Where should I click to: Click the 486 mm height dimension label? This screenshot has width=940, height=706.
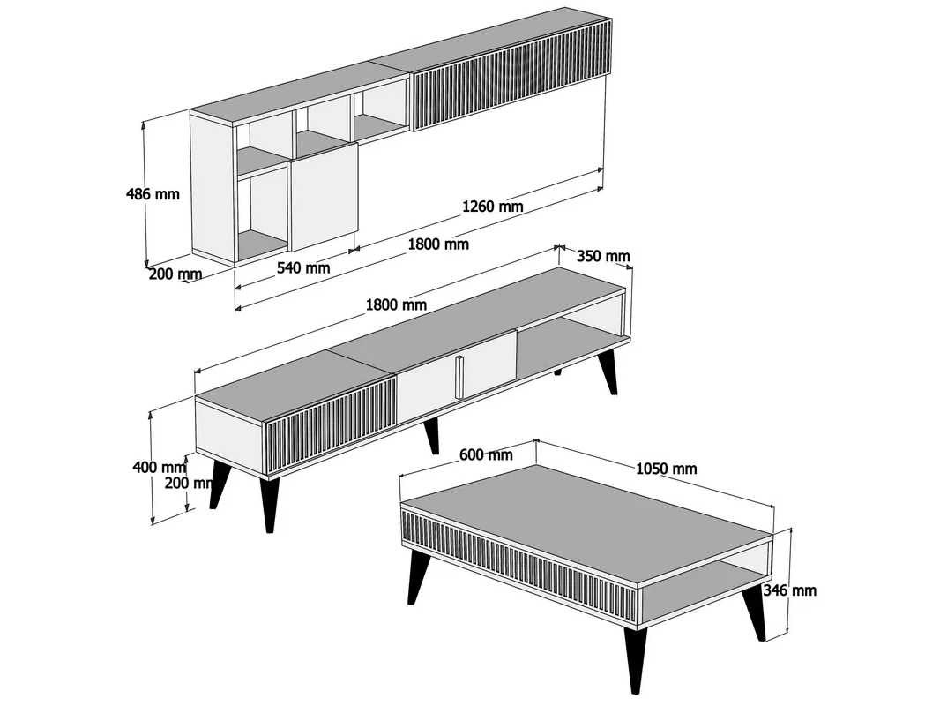point(153,194)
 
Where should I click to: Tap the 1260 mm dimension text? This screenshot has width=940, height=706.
point(492,207)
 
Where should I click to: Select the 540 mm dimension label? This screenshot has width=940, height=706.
point(302,267)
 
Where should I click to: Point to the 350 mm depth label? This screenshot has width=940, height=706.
point(603,256)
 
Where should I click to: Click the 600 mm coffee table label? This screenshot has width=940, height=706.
point(486,454)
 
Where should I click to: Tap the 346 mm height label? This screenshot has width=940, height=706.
point(789,590)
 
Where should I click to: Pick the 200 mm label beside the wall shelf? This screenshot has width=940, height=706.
point(175,274)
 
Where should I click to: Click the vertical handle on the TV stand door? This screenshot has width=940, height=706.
point(459,377)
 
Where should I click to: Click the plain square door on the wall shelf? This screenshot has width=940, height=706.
point(323,197)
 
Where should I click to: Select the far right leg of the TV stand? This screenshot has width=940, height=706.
point(608,372)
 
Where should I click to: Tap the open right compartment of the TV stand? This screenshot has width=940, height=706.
point(572,335)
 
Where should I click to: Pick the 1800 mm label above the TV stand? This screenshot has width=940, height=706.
point(396,304)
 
